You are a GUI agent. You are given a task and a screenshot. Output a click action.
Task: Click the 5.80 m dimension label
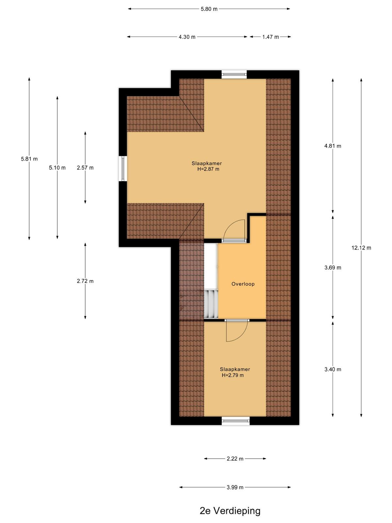(x=209, y=9)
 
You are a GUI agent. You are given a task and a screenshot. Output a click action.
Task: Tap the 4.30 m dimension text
(x=187, y=37)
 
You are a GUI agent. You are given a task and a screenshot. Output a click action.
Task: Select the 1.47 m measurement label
(x=270, y=37)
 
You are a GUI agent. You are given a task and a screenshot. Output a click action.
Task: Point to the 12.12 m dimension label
(x=361, y=248)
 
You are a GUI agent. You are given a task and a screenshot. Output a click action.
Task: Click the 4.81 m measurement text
(x=333, y=146)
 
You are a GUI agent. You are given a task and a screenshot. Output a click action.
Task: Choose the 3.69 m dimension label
(x=333, y=268)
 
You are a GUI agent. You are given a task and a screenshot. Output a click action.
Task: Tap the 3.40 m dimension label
(x=333, y=369)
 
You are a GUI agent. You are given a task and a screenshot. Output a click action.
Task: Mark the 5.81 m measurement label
(x=29, y=159)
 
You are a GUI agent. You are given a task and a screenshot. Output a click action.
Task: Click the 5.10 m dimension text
(x=57, y=168)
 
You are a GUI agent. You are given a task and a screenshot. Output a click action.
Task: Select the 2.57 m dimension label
(x=85, y=168)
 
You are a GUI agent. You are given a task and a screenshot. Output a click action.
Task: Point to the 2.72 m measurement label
(x=85, y=281)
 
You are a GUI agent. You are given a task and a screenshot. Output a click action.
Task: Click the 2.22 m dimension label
(x=235, y=459)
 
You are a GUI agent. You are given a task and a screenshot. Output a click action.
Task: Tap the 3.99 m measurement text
(x=235, y=487)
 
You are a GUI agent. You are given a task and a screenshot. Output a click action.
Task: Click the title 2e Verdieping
(x=230, y=511)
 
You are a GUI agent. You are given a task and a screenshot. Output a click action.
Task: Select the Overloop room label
(x=243, y=284)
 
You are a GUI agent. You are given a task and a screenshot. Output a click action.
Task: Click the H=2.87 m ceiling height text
(x=208, y=169)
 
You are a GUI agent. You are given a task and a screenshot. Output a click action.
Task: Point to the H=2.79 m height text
(x=233, y=375)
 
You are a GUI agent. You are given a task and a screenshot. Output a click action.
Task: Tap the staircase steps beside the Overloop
(x=211, y=304)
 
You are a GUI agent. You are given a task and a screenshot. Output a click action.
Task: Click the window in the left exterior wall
(x=123, y=168)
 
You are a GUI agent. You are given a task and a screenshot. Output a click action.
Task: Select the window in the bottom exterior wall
(x=236, y=421)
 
